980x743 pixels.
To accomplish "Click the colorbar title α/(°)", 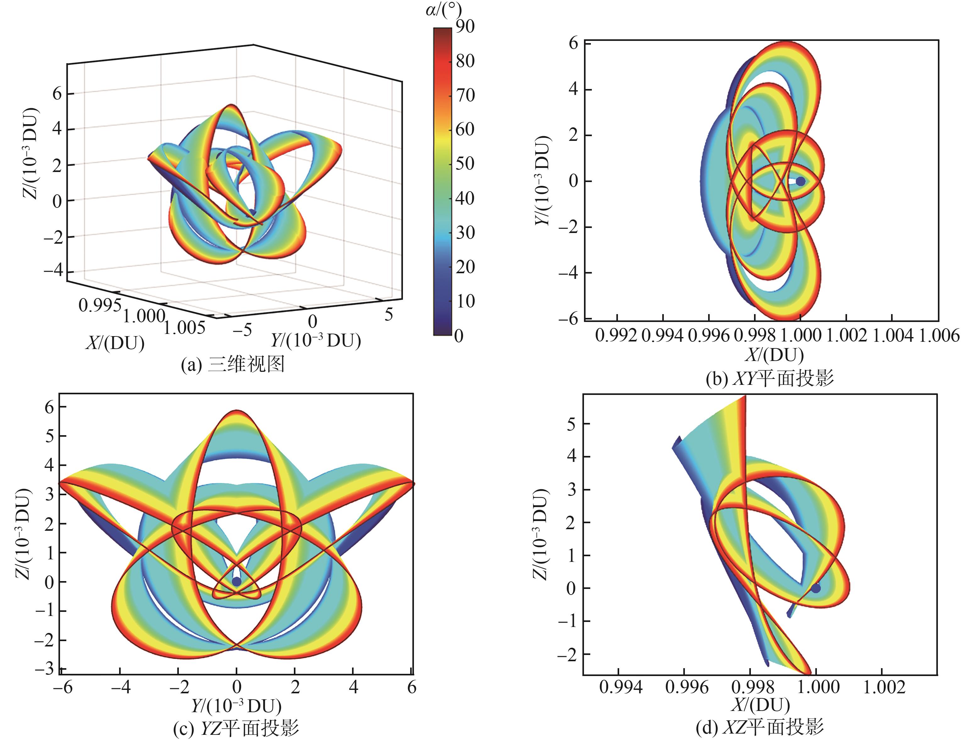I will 443,10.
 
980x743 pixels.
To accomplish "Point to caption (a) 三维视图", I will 233,364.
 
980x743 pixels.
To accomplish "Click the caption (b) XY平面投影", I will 769,378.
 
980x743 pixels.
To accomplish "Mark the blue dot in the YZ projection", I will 237,581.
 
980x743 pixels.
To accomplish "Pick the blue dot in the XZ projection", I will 816,588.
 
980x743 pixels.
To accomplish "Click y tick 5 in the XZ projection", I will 571,424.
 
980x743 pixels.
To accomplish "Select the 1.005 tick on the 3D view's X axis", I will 184,328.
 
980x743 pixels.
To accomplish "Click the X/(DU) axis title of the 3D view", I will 115,343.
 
